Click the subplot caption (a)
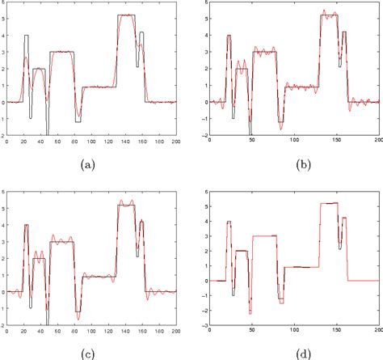(x=87, y=163)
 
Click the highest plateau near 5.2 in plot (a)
(x=126, y=15)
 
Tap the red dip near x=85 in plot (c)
(x=78, y=311)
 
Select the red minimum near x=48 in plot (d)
(x=250, y=313)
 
